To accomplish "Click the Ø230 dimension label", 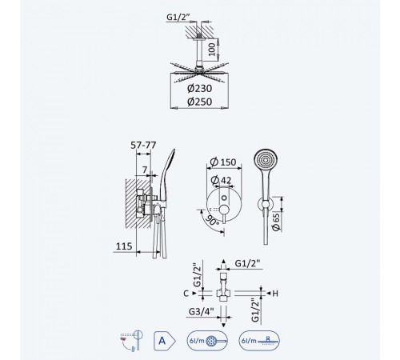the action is (199, 88).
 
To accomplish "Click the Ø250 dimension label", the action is (199, 102).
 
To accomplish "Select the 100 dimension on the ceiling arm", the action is (212, 50).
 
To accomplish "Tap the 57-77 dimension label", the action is (143, 145).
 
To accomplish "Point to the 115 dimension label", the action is (124, 246).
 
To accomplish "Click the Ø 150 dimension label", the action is (223, 162).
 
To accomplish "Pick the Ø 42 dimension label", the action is (221, 180).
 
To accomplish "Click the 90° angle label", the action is (212, 220).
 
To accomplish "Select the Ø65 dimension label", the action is (276, 222).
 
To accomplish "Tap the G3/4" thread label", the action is (202, 311).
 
